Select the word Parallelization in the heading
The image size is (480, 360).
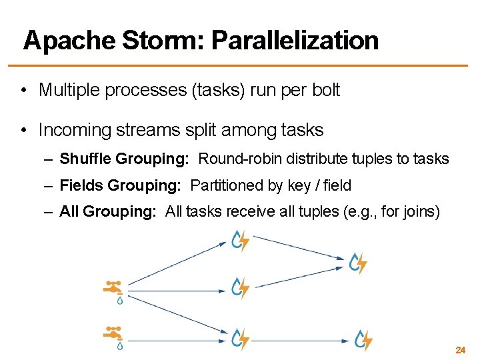click(x=295, y=41)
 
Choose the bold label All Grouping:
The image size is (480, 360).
click(x=108, y=211)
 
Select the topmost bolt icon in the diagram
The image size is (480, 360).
click(x=240, y=240)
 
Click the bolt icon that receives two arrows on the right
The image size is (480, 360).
click(x=359, y=263)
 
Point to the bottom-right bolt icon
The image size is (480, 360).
click(x=363, y=340)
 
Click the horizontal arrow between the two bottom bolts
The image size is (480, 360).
click(x=300, y=341)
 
